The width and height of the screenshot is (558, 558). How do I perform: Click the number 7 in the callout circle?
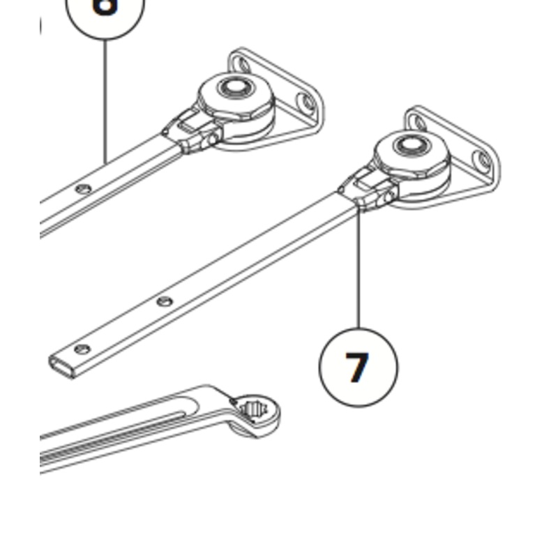pyautogui.click(x=357, y=368)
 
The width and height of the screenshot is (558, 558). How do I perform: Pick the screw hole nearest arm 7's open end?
pyautogui.click(x=83, y=348)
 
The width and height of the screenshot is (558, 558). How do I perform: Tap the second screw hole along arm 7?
pyautogui.click(x=165, y=301)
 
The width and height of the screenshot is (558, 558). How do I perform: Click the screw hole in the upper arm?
pyautogui.click(x=84, y=188)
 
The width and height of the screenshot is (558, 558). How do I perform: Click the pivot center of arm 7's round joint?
pyautogui.click(x=408, y=146)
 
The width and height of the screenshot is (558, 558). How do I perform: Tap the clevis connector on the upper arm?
pyautogui.click(x=188, y=133)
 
